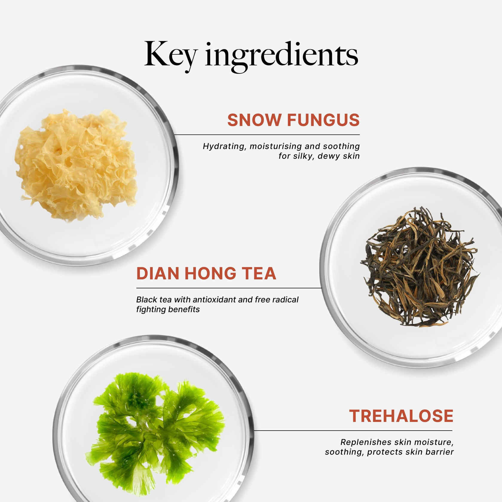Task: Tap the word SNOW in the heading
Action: tap(254, 120)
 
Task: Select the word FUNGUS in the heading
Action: tap(323, 120)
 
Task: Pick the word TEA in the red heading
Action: tap(259, 273)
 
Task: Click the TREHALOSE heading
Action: tap(401, 416)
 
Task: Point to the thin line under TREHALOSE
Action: tap(353, 431)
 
